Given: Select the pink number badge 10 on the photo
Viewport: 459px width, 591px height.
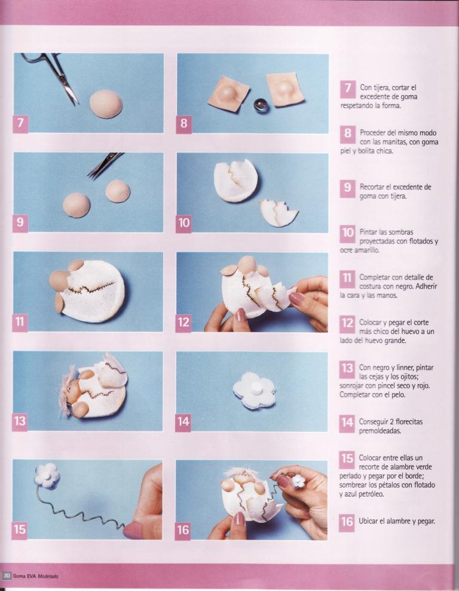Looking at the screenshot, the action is (183, 223).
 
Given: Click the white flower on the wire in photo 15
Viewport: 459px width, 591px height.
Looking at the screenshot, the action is (48, 476).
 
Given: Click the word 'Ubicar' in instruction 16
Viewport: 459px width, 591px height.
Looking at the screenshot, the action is (368, 521).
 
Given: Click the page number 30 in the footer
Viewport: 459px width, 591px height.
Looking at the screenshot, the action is (7, 576).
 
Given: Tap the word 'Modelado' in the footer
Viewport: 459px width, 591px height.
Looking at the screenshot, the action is (48, 576).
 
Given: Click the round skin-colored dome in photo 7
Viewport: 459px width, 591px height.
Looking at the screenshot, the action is (106, 104).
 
